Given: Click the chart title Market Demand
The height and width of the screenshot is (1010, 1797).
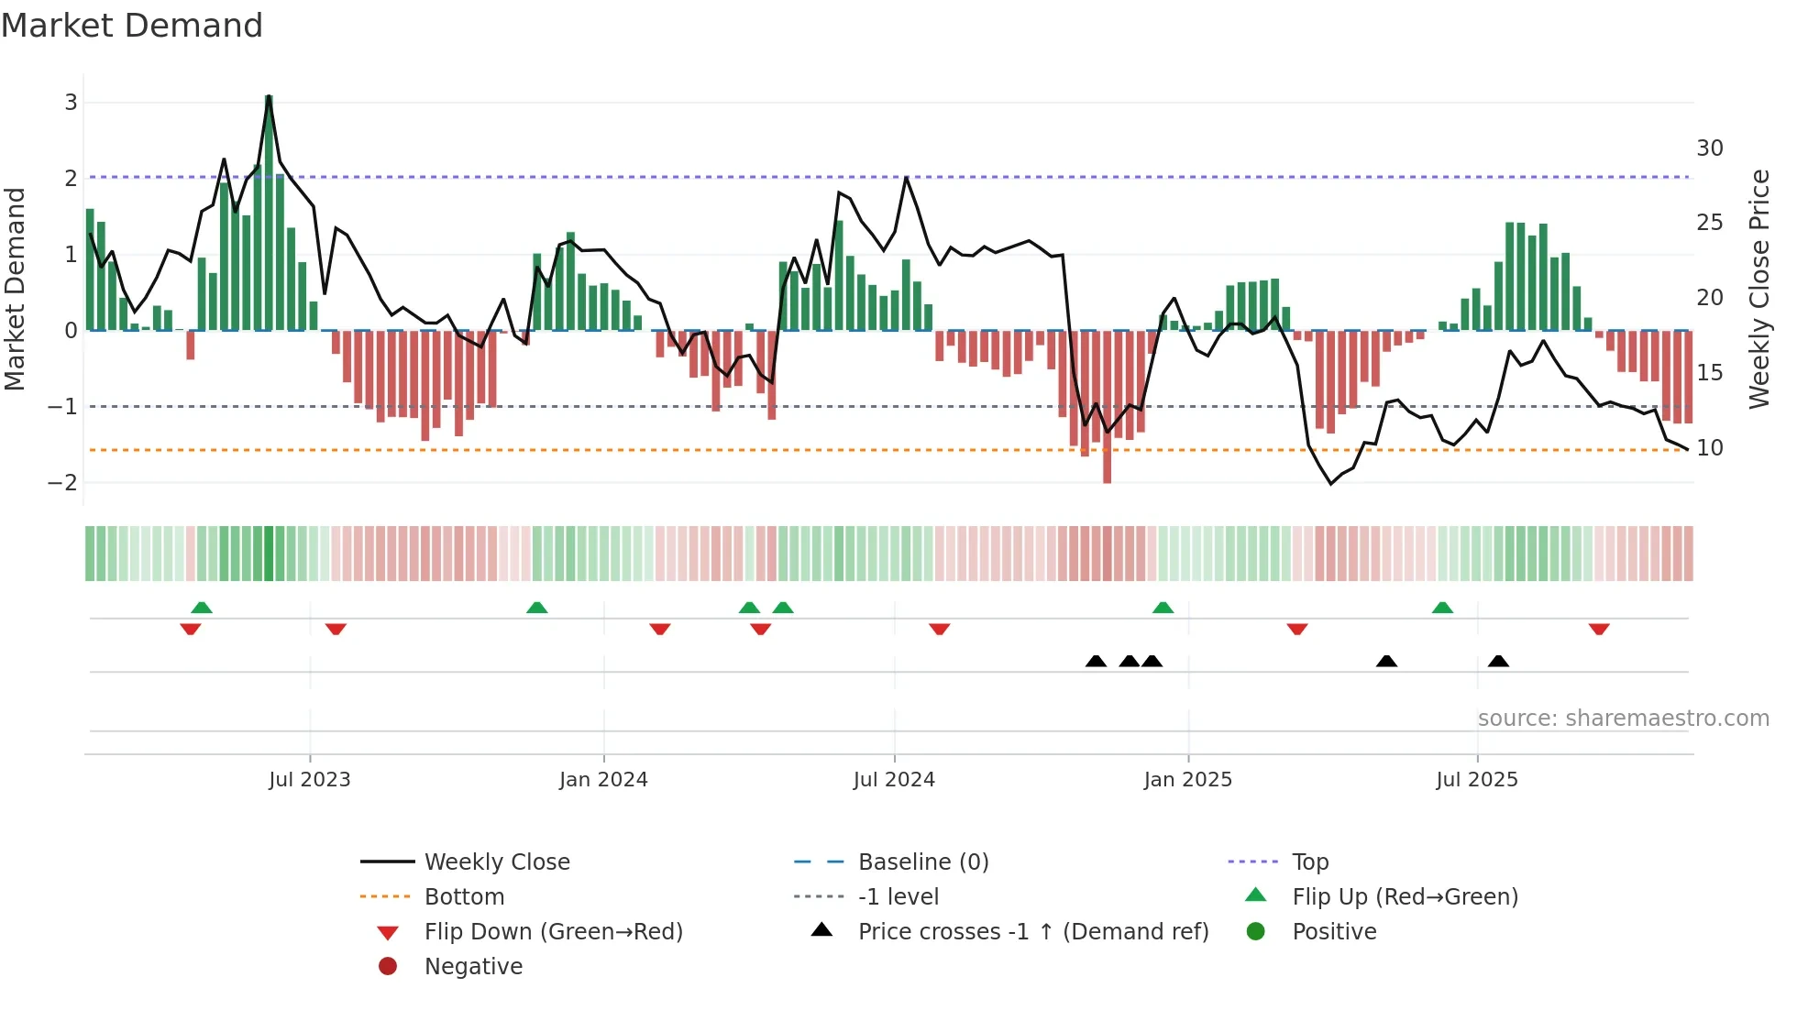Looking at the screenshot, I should pos(132,26).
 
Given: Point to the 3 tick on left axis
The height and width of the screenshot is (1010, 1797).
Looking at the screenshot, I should pos(71,102).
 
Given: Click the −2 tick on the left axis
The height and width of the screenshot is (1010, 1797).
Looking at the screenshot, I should pos(63,482).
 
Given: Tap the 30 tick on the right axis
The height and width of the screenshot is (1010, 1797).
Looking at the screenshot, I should pos(1709,148).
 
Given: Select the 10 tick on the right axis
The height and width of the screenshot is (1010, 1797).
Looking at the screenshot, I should pos(1709,448).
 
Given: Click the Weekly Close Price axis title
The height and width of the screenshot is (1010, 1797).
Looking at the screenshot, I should pos(1758,289).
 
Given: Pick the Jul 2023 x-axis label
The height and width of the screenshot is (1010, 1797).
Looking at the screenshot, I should pos(309,780).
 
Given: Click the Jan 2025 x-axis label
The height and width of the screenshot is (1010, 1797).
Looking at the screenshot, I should pos(1187,780).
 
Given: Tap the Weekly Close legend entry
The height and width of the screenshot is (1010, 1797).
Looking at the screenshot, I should pos(496,862).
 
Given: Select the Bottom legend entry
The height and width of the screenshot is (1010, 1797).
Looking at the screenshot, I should pos(464,897).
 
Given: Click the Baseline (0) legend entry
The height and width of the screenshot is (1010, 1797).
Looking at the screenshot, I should pos(922,862).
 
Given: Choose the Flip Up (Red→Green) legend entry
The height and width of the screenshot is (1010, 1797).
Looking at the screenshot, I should pos(1405,897).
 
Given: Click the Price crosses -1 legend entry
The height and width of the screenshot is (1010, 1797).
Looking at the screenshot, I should pos(1032,932).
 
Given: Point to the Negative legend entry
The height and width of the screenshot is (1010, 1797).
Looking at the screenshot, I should pos(473,967).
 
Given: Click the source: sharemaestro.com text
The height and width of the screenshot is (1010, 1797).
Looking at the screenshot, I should pos(1623,719).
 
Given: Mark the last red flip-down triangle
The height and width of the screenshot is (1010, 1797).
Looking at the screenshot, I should pos(1599,630).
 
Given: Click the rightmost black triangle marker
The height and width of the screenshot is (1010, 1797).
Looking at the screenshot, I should pos(1498,661).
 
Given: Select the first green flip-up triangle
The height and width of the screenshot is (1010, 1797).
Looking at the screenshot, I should pos(202,607).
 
